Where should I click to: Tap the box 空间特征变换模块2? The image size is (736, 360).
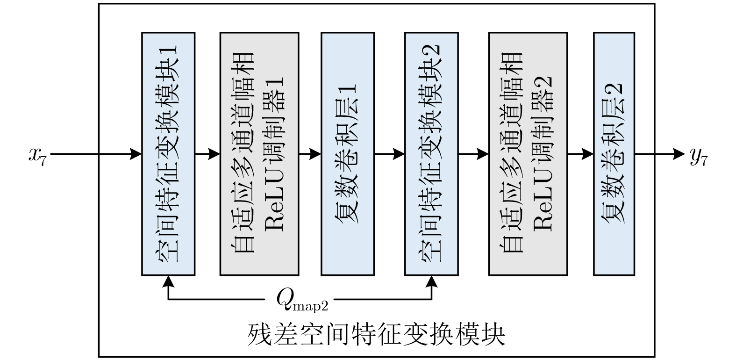coord(431,154)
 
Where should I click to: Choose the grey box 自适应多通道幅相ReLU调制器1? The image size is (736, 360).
coord(259,154)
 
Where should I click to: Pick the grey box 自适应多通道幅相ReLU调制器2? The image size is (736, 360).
coord(528,154)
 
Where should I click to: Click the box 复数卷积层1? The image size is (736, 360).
coord(347,154)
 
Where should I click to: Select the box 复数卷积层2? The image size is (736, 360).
coord(614,154)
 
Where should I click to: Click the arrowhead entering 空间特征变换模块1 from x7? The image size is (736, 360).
coord(136,154)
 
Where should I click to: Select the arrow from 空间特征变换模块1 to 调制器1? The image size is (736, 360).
coord(207,154)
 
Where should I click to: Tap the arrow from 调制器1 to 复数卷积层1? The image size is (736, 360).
coord(310,154)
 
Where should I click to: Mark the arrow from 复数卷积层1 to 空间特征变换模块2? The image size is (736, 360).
coord(389,154)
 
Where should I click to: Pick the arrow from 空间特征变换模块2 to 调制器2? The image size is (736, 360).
coord(473,154)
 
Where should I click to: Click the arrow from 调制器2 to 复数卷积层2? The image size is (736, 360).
coord(580,154)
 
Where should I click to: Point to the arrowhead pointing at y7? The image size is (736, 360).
coord(678,154)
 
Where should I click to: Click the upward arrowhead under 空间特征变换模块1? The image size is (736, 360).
coord(168,281)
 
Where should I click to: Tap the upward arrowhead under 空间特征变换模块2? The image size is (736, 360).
coord(431,281)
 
